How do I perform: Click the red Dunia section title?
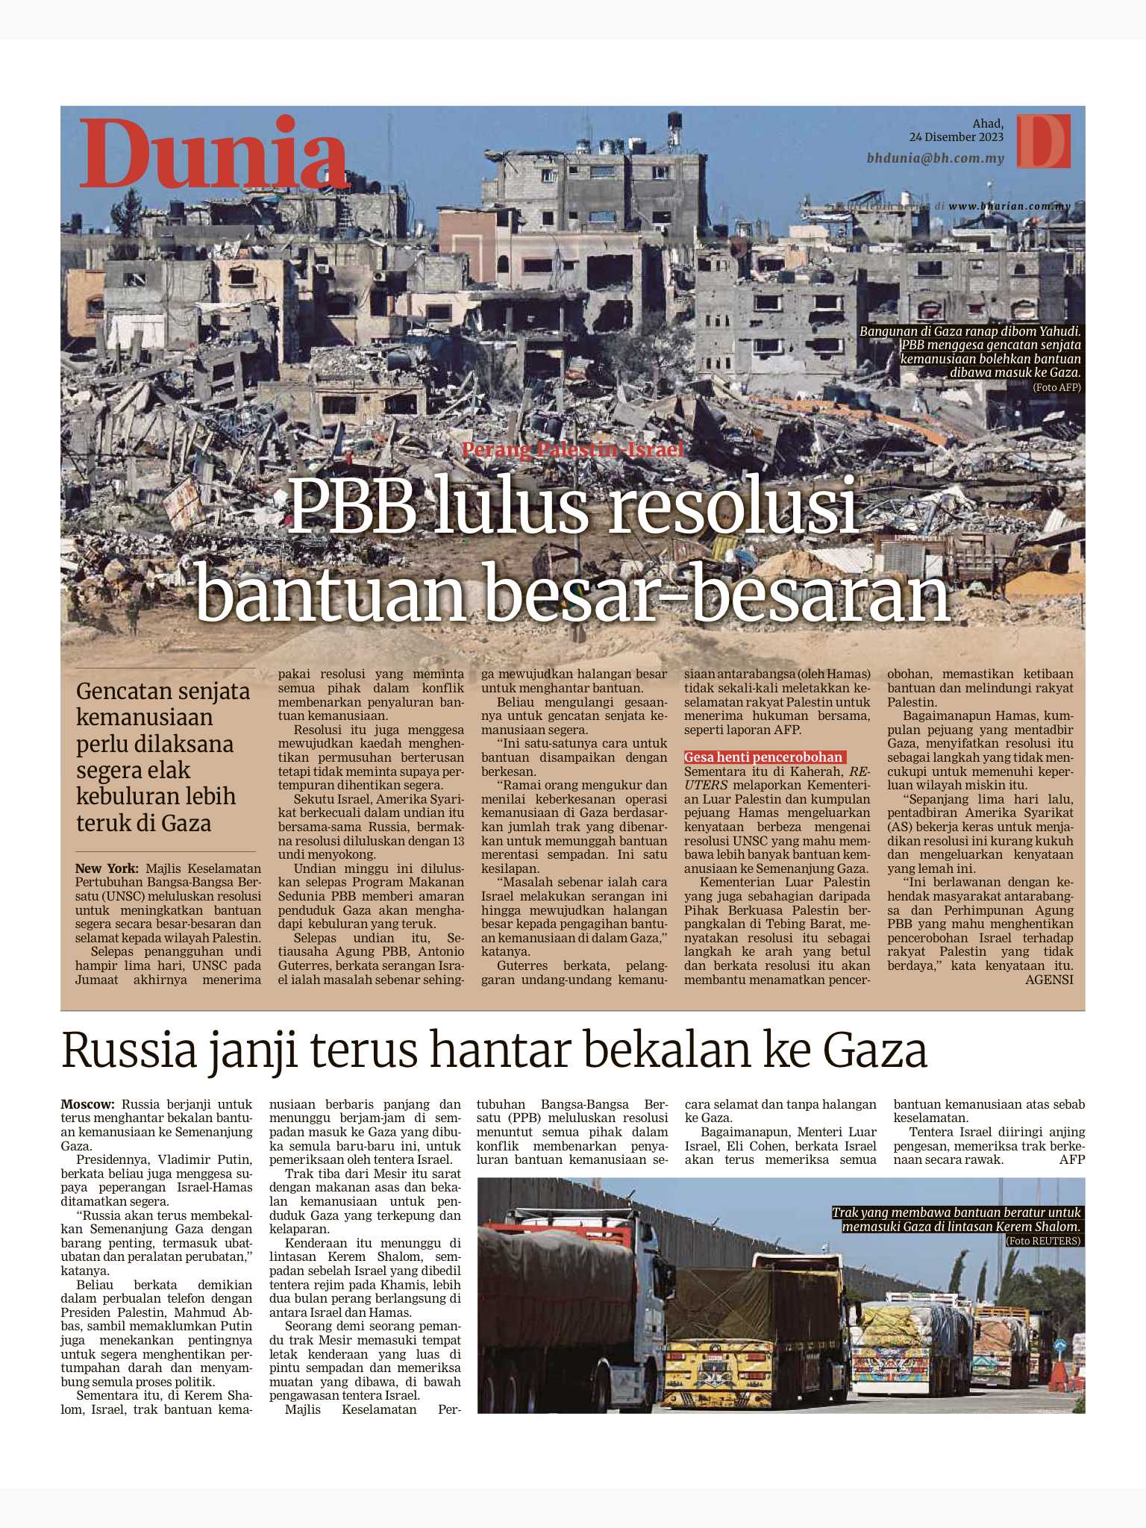214,153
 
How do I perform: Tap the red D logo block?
1043,141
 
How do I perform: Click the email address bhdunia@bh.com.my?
935,159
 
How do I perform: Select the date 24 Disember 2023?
956,137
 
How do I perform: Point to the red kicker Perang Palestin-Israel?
572,450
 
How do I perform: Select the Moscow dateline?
87,1103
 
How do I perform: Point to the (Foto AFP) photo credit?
1056,387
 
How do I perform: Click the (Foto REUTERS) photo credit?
1043,1241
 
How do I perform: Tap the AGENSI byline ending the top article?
1049,980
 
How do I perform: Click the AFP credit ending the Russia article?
1071,1160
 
